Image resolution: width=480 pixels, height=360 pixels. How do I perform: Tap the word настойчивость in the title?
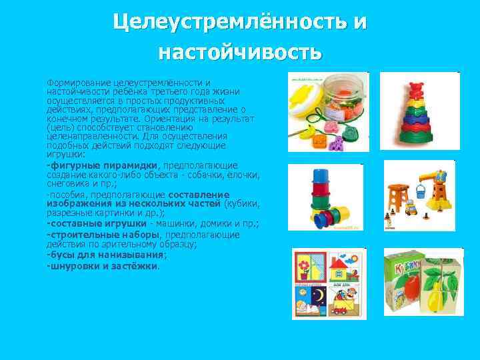click(x=240, y=51)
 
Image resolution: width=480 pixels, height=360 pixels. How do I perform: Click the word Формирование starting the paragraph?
click(x=74, y=82)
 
